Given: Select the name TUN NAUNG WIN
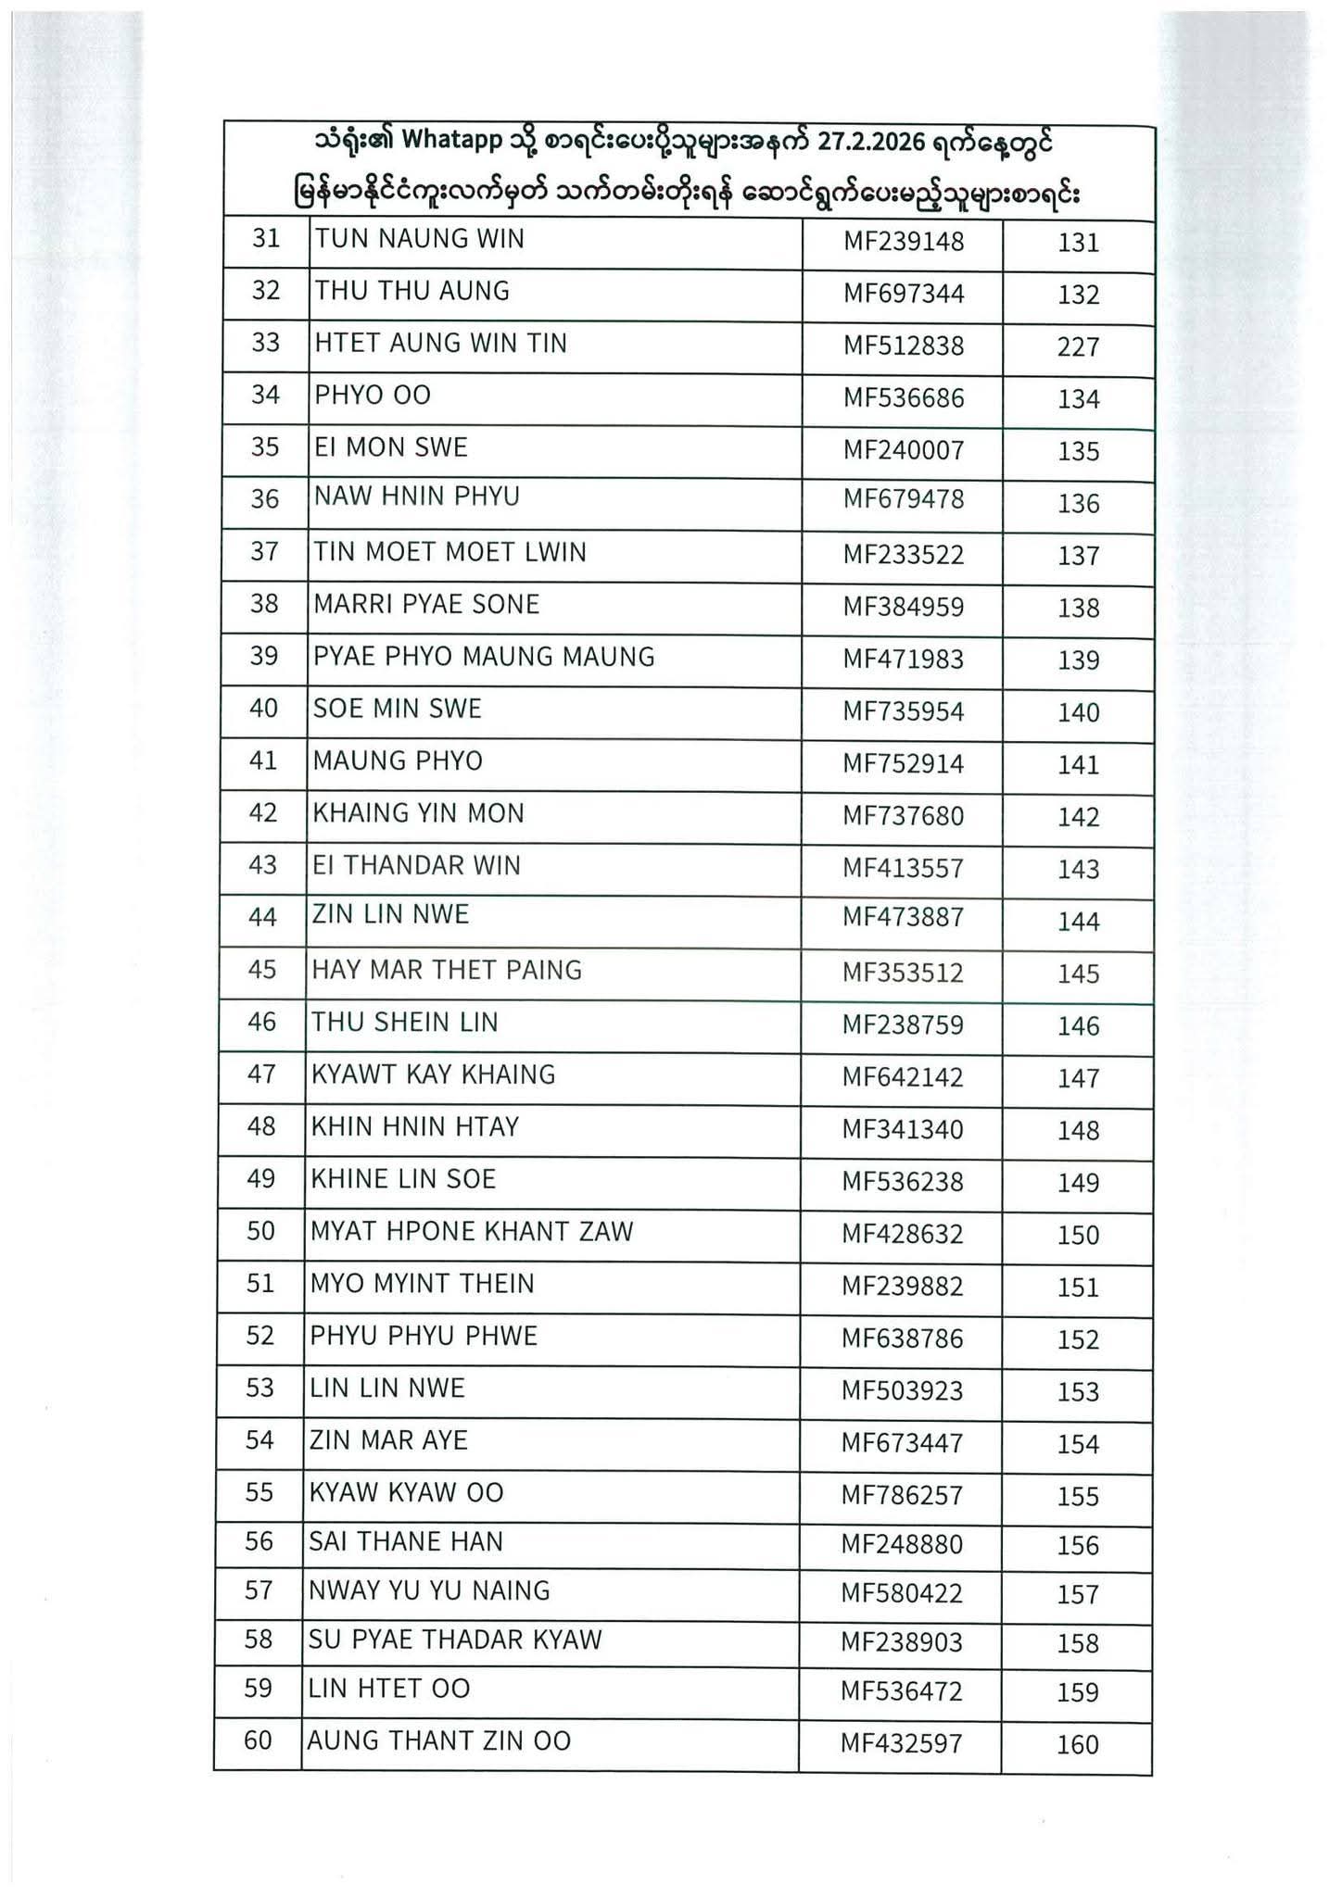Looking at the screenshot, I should tap(419, 239).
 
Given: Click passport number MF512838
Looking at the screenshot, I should tap(903, 346).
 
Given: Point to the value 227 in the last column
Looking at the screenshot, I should tap(1078, 347).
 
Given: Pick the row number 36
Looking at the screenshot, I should tap(265, 499).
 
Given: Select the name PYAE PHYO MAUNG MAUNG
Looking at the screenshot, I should tap(484, 657).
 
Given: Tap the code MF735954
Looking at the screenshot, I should tap(903, 712).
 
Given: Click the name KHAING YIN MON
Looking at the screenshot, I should tap(419, 813).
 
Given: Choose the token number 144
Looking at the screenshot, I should tap(1078, 922).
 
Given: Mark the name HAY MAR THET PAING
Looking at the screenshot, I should tap(447, 970).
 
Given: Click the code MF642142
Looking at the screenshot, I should tap(903, 1077).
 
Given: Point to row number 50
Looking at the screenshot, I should tap(261, 1231).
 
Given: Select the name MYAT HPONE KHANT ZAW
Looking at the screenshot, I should tap(472, 1232).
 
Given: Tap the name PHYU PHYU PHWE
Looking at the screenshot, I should tap(424, 1336).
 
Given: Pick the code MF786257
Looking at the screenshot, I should tap(902, 1496).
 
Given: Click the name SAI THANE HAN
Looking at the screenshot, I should tap(406, 1542).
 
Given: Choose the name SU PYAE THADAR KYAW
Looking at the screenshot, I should tap(455, 1639).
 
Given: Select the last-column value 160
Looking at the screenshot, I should tap(1077, 1745).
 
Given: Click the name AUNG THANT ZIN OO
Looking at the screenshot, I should tap(438, 1741).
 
